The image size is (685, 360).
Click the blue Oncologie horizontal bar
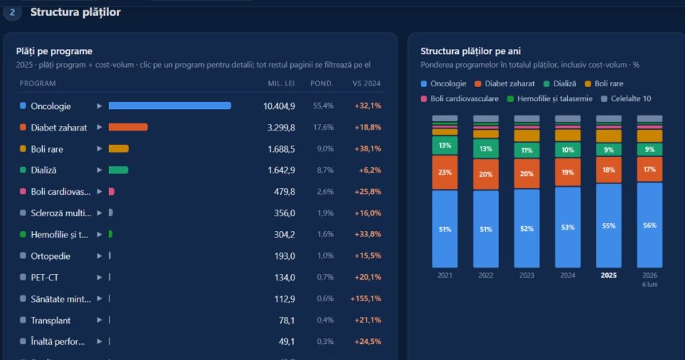click(169, 106)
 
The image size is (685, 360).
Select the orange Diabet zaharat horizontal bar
click(128, 127)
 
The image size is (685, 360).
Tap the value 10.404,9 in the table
click(279, 106)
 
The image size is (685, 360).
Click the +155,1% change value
click(366, 298)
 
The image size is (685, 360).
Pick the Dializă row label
click(43, 170)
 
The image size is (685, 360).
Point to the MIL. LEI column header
click(282, 84)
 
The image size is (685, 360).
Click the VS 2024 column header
click(367, 84)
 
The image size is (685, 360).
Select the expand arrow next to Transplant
click(99, 321)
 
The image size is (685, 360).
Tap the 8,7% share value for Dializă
click(325, 170)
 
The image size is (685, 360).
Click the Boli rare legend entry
click(604, 84)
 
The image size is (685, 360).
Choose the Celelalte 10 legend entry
click(626, 99)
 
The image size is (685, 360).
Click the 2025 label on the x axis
click(609, 275)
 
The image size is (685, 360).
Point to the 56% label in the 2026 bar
click(650, 226)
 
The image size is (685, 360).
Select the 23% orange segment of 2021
click(445, 173)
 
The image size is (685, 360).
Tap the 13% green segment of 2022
click(486, 149)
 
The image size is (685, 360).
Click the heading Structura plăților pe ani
click(470, 51)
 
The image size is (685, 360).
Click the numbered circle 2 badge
click(12, 12)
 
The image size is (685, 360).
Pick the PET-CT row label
click(45, 278)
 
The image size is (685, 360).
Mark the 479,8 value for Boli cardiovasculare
click(284, 191)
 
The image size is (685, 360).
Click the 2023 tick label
click(526, 275)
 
